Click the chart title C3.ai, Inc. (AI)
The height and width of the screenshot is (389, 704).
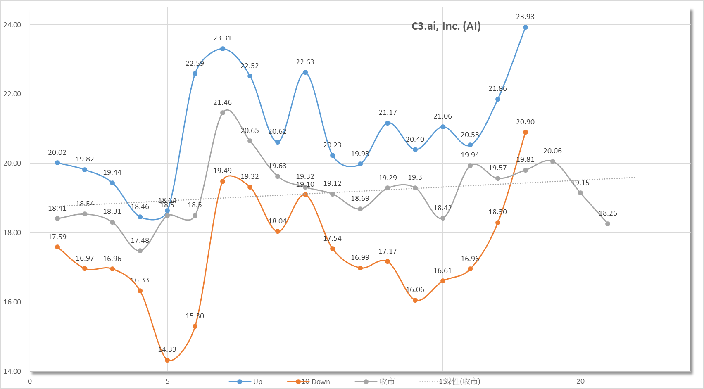click(446, 26)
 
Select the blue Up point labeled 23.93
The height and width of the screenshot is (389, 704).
click(525, 28)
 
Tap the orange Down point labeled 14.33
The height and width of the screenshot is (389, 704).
click(167, 360)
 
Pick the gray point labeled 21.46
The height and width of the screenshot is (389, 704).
click(223, 113)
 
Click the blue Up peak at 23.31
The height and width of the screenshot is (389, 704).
click(223, 49)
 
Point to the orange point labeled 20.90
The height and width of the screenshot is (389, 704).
click(525, 133)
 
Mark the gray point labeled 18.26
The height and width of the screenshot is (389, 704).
click(607, 224)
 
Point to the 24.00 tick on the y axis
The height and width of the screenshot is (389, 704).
click(12, 25)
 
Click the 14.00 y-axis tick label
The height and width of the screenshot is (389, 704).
click(12, 371)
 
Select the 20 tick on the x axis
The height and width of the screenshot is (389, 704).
click(580, 381)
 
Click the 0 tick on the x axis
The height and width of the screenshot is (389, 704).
click(30, 381)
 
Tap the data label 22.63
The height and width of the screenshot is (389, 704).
click(305, 62)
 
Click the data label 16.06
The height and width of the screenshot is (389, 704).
click(415, 290)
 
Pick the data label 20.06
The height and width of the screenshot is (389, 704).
click(552, 151)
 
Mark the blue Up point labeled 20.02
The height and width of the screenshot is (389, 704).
click(57, 163)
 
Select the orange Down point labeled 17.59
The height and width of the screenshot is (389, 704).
click(57, 247)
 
